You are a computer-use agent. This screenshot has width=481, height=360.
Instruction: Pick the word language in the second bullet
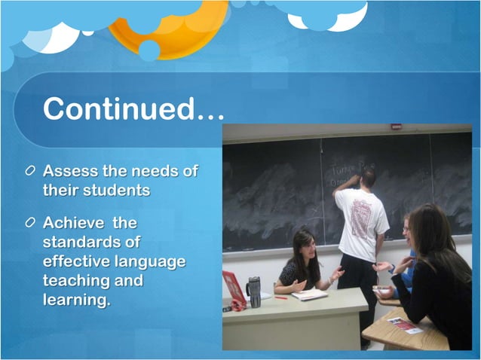coord(151,261)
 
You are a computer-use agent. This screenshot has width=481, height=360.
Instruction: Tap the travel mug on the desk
coord(253,291)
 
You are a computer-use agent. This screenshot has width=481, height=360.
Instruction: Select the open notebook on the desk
coord(310,294)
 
